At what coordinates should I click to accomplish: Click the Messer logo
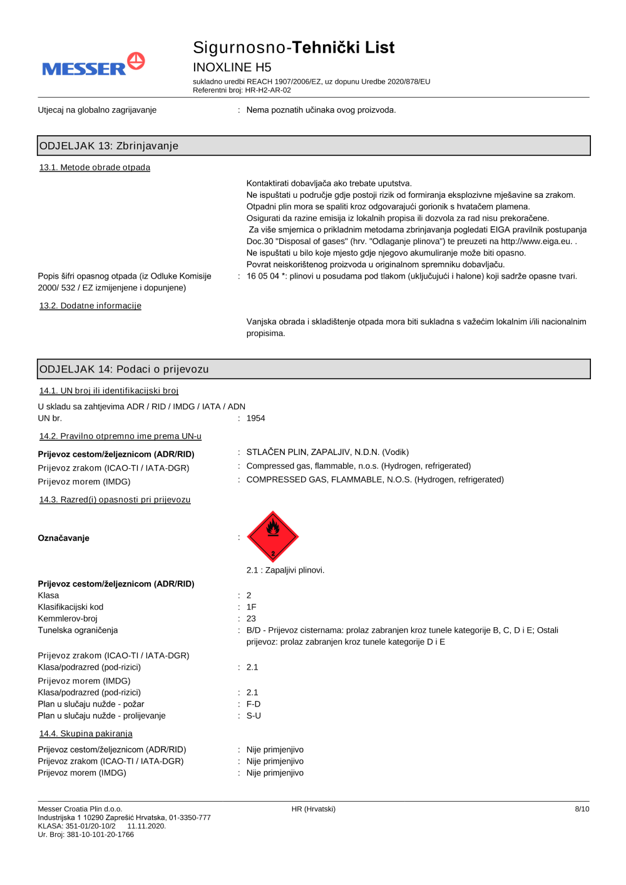click(x=93, y=65)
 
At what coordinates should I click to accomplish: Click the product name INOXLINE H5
click(x=232, y=67)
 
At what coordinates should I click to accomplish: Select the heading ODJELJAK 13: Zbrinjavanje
click(x=109, y=146)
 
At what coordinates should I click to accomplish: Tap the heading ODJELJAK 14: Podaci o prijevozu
click(x=124, y=369)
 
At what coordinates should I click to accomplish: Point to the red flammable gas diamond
click(x=273, y=536)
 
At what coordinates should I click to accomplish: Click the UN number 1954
click(x=255, y=418)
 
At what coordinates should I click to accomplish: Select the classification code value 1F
click(x=251, y=607)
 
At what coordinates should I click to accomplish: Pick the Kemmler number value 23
click(x=251, y=618)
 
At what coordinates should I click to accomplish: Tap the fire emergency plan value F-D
click(x=254, y=704)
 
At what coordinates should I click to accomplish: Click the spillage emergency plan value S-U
click(x=254, y=715)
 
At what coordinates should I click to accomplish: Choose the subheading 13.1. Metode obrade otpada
click(x=95, y=167)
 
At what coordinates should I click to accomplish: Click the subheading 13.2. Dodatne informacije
click(x=90, y=305)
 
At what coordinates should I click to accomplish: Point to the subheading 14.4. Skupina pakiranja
click(x=86, y=734)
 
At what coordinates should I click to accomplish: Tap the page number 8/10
click(x=582, y=809)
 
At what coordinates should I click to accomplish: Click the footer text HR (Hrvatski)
click(x=313, y=809)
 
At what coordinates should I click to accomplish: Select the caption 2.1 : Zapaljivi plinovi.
click(x=285, y=570)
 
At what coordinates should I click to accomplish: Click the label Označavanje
click(x=63, y=538)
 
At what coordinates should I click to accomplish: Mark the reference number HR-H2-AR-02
click(x=268, y=90)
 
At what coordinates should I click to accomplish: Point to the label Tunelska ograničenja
click(x=78, y=630)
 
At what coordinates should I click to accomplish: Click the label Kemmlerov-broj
click(x=68, y=618)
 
